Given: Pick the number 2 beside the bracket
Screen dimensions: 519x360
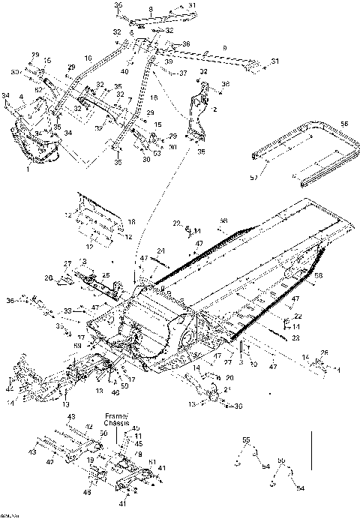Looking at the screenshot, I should pos(214,109).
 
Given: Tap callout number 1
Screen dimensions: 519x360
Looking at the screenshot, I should pos(130,100).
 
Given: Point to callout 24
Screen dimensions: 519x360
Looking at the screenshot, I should pos(160,250).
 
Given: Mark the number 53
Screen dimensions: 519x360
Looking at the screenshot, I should pos(156,153).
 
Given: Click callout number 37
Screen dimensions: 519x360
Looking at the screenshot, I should pos(181,73).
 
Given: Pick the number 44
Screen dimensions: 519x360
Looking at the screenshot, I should pos(8,389).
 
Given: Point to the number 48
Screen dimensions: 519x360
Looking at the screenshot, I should pos(88,493).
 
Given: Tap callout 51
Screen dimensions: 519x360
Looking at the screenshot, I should pos(152,462).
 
